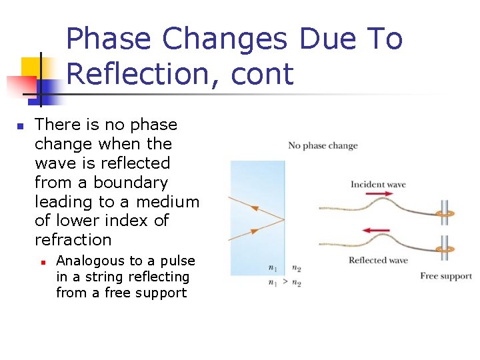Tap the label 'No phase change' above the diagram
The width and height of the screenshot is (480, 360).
click(323, 146)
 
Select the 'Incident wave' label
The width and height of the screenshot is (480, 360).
click(378, 185)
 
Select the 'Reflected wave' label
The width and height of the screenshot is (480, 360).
click(378, 260)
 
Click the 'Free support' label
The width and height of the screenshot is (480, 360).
click(446, 276)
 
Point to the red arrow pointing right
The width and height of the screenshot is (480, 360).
click(379, 195)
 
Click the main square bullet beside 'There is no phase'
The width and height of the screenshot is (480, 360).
click(20, 126)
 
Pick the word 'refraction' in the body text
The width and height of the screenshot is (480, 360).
click(73, 239)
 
